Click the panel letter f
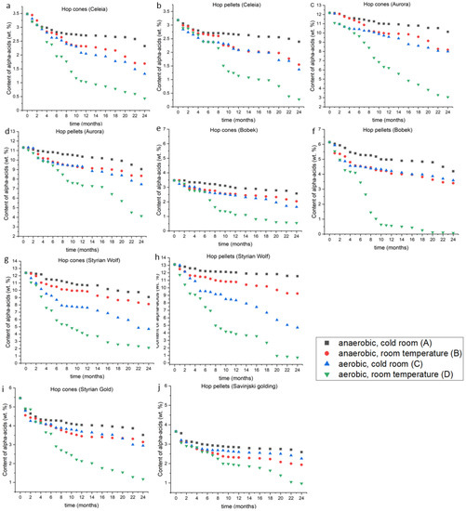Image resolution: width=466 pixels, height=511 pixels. (x=315, y=135)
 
